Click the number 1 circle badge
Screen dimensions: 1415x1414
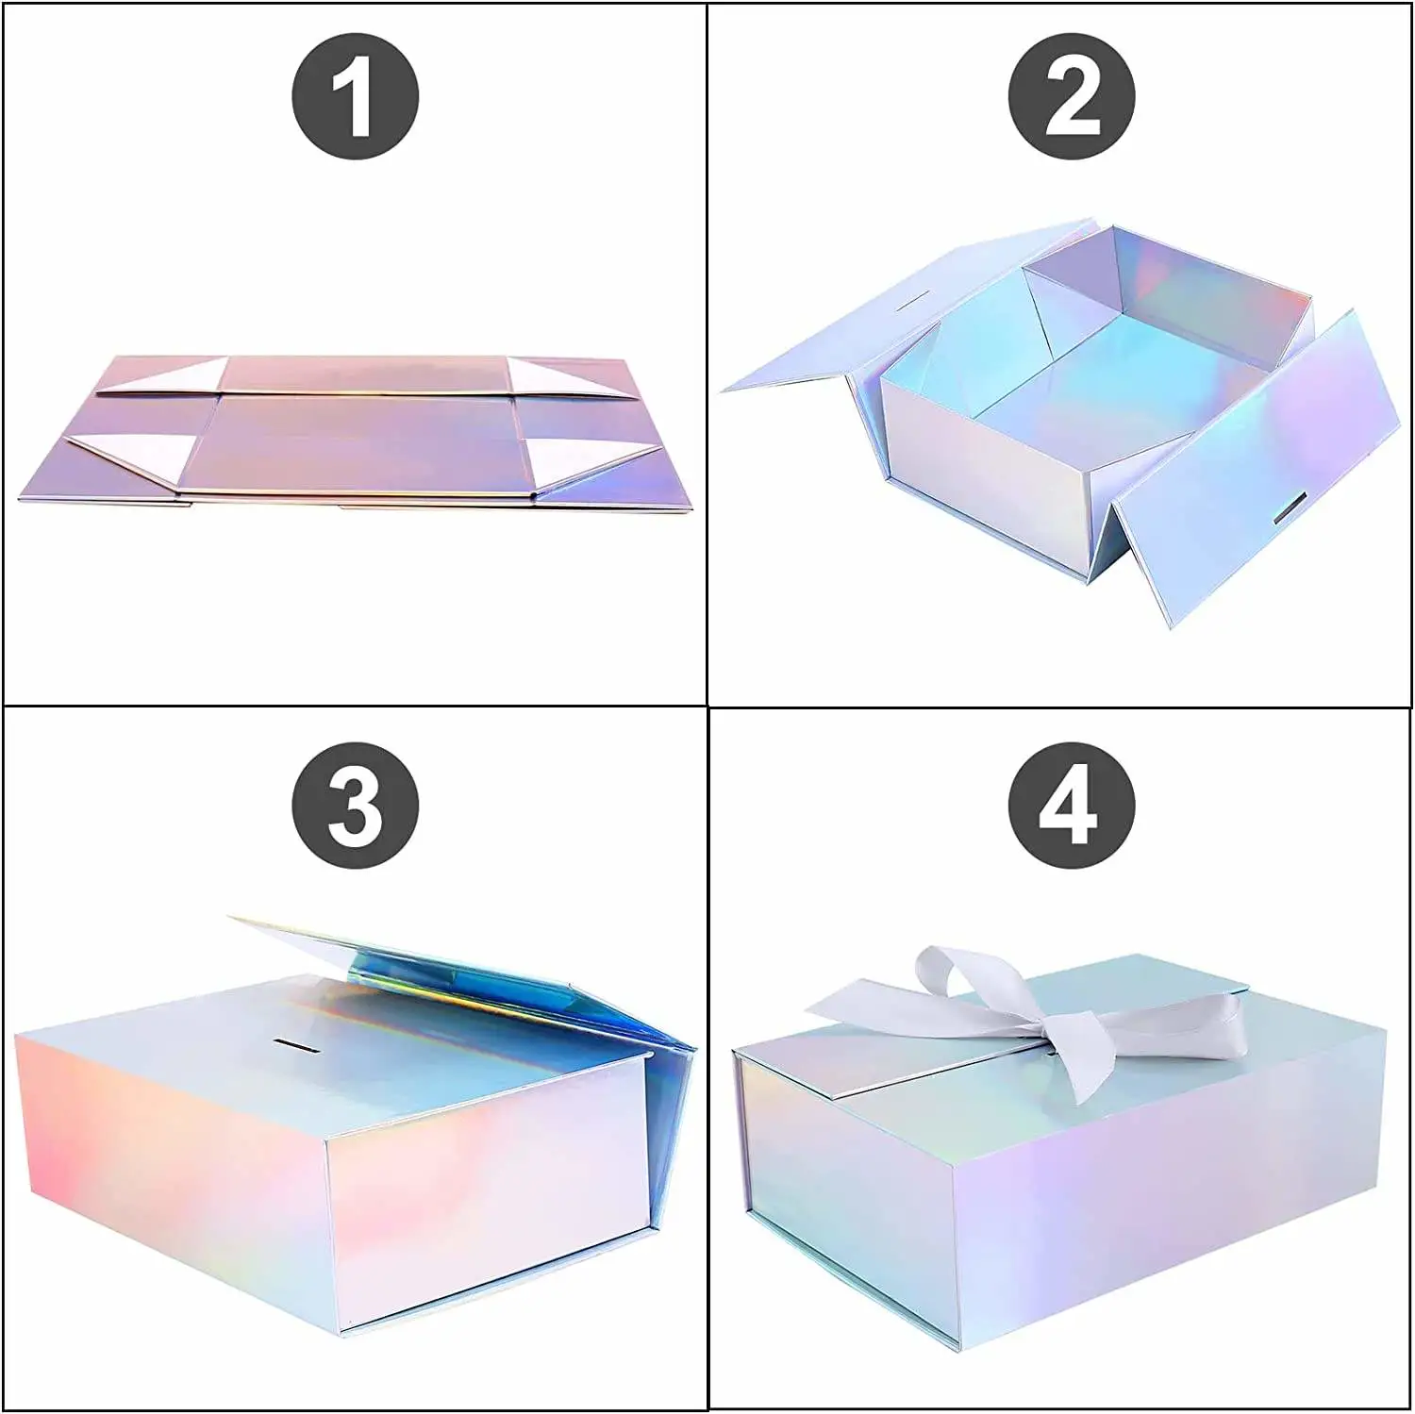pos(355,95)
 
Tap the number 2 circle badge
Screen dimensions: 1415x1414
pos(1072,95)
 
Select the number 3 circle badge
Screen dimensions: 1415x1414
pos(355,805)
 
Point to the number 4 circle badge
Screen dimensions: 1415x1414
pos(1072,805)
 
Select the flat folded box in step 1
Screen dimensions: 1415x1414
pos(357,432)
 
